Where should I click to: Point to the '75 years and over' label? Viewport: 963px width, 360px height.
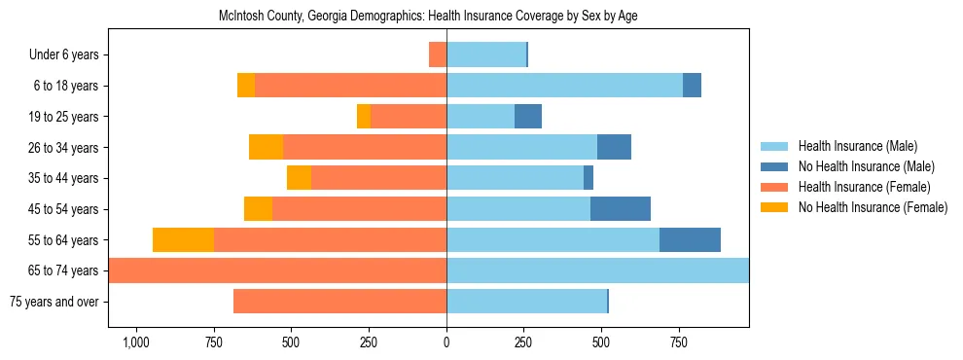tap(53, 302)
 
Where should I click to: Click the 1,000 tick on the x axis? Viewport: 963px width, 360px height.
tap(135, 342)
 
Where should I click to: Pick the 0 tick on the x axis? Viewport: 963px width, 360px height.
tap(446, 342)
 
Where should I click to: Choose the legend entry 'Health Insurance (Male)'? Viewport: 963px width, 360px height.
tap(857, 147)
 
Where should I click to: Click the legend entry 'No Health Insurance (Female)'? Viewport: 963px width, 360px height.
tap(873, 207)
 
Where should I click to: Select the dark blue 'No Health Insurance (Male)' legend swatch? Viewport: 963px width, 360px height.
tap(774, 167)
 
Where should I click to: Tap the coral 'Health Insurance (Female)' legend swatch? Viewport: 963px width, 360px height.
tap(774, 187)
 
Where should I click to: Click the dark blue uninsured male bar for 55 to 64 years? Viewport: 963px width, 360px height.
tap(690, 239)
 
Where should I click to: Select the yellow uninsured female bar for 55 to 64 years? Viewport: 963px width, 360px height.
tap(183, 239)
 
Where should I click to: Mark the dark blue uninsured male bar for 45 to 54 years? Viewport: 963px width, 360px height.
tap(620, 209)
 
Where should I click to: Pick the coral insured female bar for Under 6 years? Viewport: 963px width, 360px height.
tap(438, 54)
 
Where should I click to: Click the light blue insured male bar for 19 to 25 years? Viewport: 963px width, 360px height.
tap(481, 117)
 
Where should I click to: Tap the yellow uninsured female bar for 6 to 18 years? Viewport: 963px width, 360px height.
tap(246, 86)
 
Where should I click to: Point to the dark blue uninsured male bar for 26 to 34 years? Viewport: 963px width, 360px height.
tap(614, 147)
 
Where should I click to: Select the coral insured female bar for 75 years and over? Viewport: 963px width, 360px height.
tap(339, 302)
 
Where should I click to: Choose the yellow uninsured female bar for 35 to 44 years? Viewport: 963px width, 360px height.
tap(299, 178)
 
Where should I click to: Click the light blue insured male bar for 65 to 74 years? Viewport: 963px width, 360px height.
tap(597, 270)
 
